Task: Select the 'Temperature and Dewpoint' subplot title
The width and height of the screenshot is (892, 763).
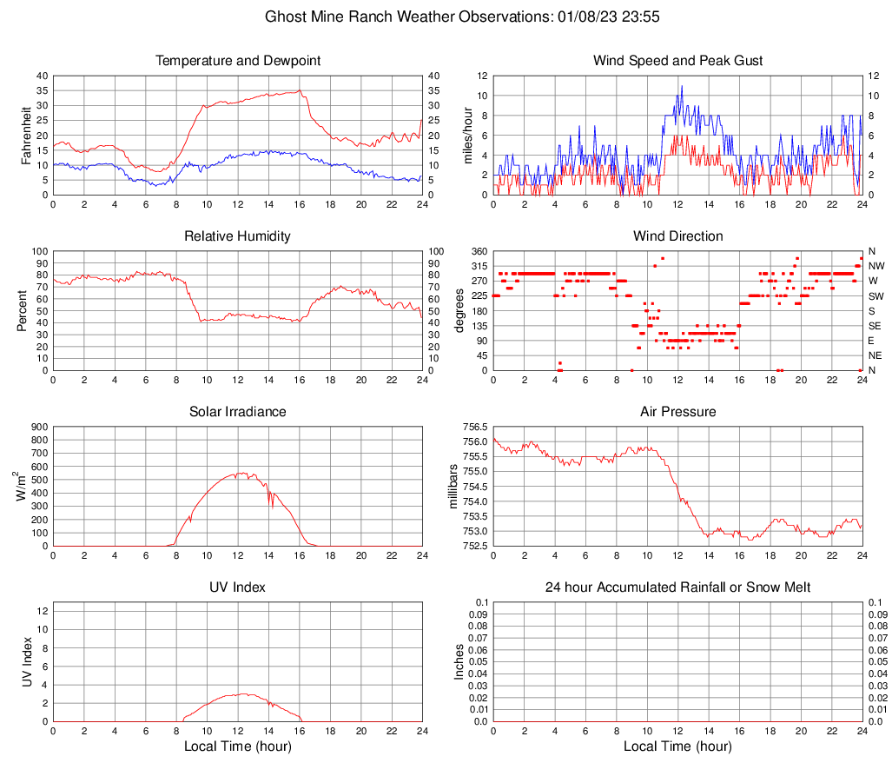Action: tap(238, 61)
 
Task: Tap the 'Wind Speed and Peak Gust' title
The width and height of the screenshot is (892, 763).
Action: tap(677, 61)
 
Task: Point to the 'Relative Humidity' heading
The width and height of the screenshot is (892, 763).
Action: tap(238, 236)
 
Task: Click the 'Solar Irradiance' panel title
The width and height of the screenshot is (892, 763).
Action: tap(238, 412)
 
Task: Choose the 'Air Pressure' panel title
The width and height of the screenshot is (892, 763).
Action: tap(677, 412)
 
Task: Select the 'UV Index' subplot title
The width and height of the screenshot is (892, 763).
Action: tap(238, 587)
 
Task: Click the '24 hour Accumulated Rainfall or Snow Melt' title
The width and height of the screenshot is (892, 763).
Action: tap(677, 587)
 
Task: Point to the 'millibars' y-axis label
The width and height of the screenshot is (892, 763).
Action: tap(453, 487)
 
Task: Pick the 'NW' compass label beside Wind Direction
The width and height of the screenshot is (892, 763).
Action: tap(875, 266)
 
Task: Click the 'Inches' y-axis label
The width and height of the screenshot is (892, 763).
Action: tap(459, 662)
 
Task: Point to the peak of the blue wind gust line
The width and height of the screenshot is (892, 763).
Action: tap(682, 86)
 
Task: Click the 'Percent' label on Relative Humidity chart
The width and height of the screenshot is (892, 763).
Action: tap(23, 311)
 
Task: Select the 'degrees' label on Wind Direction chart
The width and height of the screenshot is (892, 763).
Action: tap(459, 311)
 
